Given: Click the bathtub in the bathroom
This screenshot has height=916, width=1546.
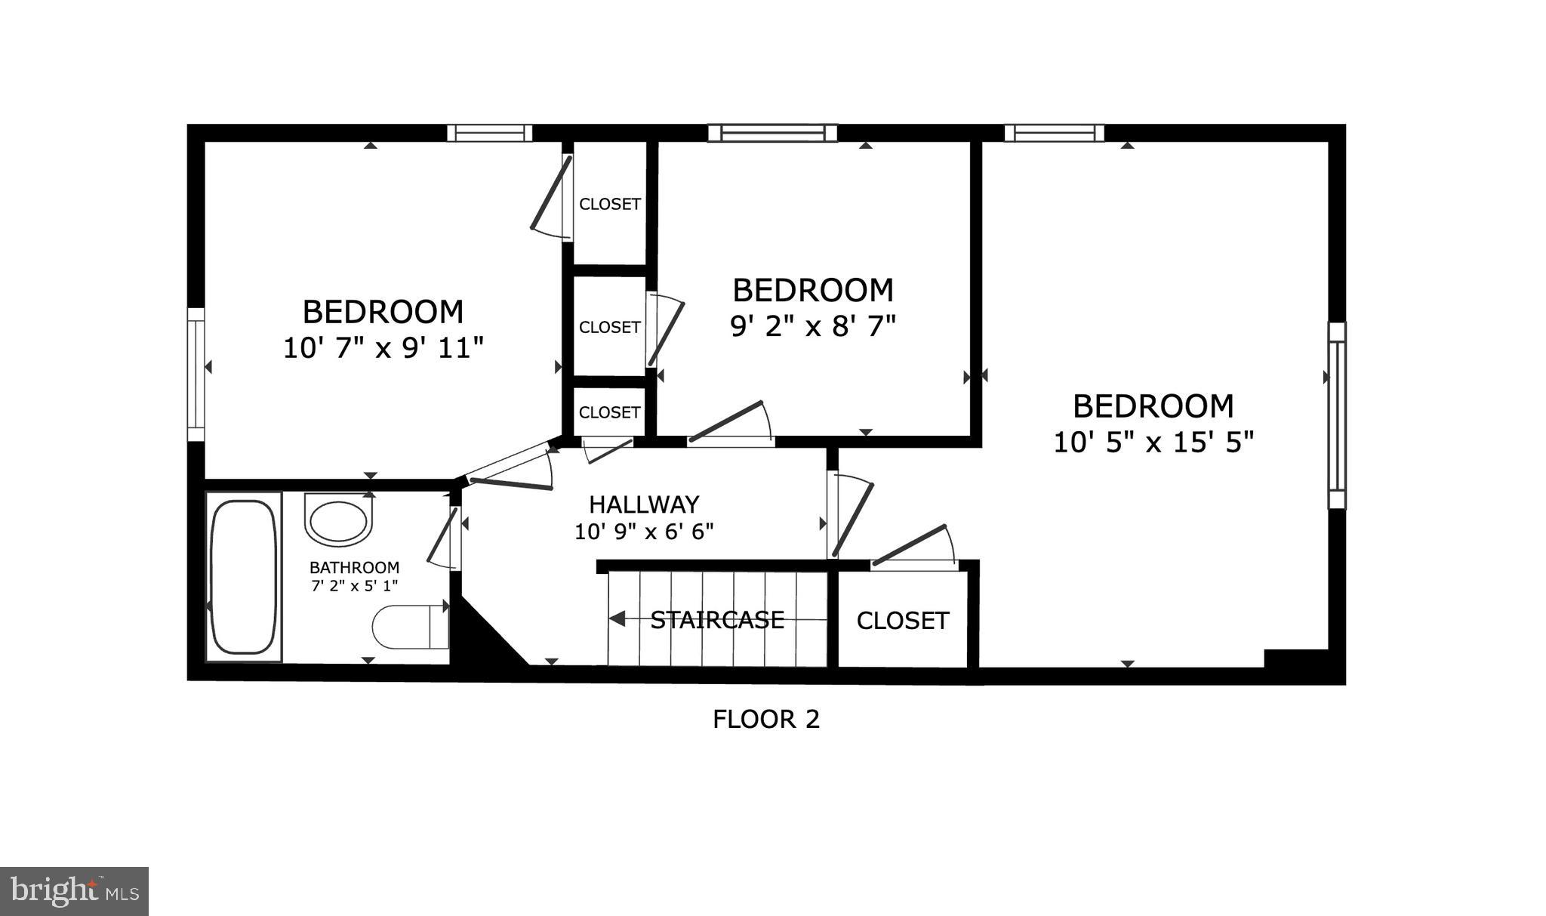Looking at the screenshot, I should point(243,576).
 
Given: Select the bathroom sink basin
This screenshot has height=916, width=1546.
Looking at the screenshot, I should point(339,520).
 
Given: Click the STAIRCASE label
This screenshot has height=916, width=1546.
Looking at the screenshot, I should point(717,620).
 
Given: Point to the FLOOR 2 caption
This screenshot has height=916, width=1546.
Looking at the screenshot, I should point(765,719).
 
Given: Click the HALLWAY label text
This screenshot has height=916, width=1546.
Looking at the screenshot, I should point(644,504).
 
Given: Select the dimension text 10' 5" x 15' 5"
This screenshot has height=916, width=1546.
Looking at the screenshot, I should point(1153,442).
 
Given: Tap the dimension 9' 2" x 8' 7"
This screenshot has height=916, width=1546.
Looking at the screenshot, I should point(813,326).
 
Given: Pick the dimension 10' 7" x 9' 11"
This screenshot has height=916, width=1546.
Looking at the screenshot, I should point(383,348).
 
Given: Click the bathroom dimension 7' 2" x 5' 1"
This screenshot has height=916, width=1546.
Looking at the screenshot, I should point(354,585).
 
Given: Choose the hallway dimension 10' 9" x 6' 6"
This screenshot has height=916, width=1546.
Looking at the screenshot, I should point(644,532).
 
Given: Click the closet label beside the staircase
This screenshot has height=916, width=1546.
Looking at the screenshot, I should point(902,621).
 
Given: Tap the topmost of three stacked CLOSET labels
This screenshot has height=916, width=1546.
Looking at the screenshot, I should point(610,204).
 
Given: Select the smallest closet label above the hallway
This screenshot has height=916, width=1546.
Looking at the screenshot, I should point(610,412).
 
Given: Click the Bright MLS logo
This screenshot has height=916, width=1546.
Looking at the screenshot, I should point(75,891).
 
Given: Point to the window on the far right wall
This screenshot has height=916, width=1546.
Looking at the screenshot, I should point(1337,415).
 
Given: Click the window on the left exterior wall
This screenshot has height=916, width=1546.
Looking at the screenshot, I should point(196,375).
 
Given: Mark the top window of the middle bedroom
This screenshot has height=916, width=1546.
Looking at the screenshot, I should point(772,133).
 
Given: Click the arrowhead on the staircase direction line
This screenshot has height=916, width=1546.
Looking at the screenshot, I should point(617,619).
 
